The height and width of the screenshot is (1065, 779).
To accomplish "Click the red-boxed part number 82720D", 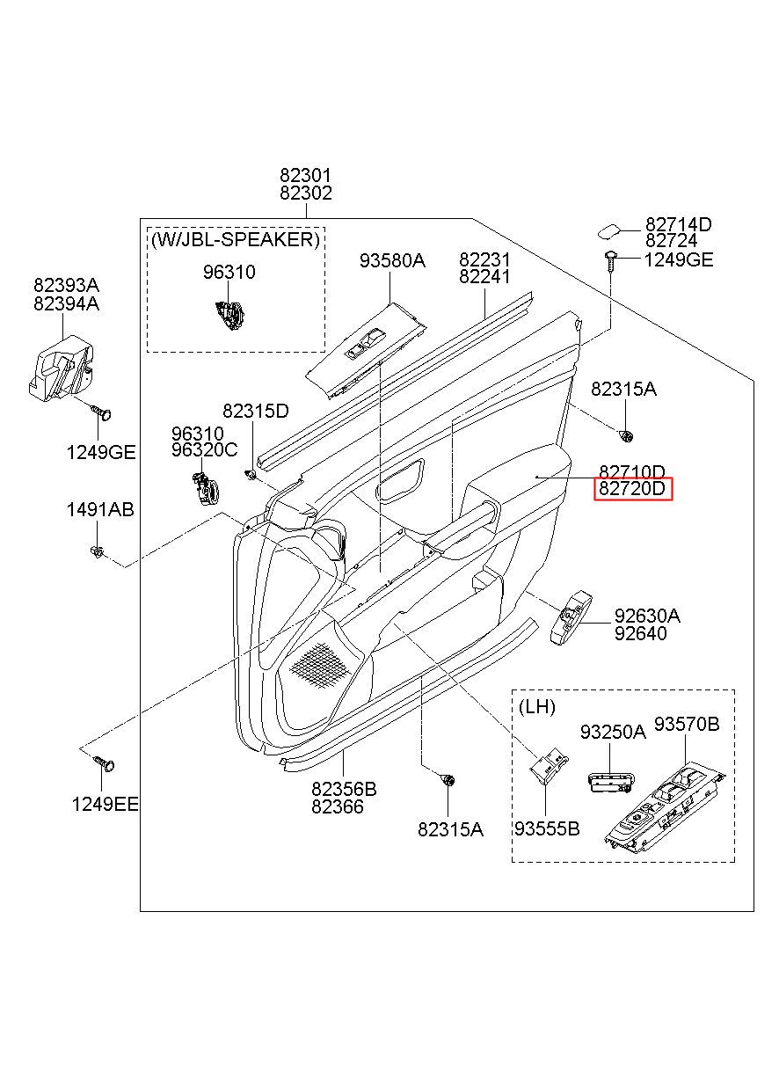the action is [632, 489].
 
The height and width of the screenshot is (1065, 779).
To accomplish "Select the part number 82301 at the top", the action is [305, 175].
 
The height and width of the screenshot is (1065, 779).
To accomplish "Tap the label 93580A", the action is [392, 260].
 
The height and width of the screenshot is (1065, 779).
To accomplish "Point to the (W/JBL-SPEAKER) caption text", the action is [236, 239].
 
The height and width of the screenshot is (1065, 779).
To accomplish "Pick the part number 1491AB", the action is [100, 510].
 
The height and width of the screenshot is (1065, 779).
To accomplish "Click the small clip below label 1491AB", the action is [98, 551].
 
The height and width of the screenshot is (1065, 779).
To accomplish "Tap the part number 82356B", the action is [344, 790].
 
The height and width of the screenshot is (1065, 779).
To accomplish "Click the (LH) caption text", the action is [537, 707].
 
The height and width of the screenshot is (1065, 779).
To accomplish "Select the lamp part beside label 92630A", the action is [572, 617].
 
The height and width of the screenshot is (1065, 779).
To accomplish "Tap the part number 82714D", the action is [678, 224].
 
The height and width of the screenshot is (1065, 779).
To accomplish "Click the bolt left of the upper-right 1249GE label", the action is [610, 260].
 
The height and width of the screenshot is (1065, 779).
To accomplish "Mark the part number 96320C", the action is [204, 449].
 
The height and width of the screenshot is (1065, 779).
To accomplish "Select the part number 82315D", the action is [256, 411].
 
